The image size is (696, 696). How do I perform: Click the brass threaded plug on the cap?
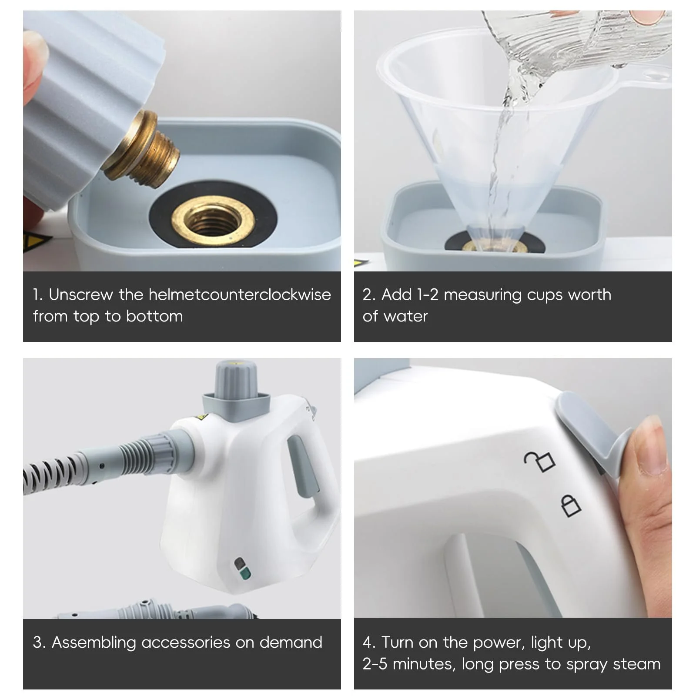(x=141, y=150)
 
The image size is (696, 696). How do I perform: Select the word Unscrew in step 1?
(x=80, y=294)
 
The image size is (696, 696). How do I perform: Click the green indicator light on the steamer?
(x=245, y=574)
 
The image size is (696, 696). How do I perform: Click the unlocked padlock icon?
(x=539, y=462)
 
